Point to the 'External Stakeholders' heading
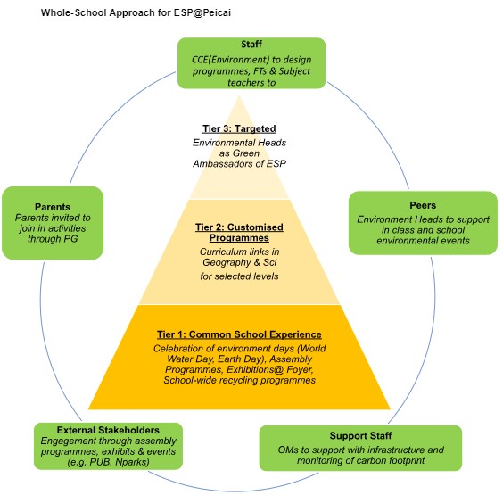(x=107, y=428)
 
